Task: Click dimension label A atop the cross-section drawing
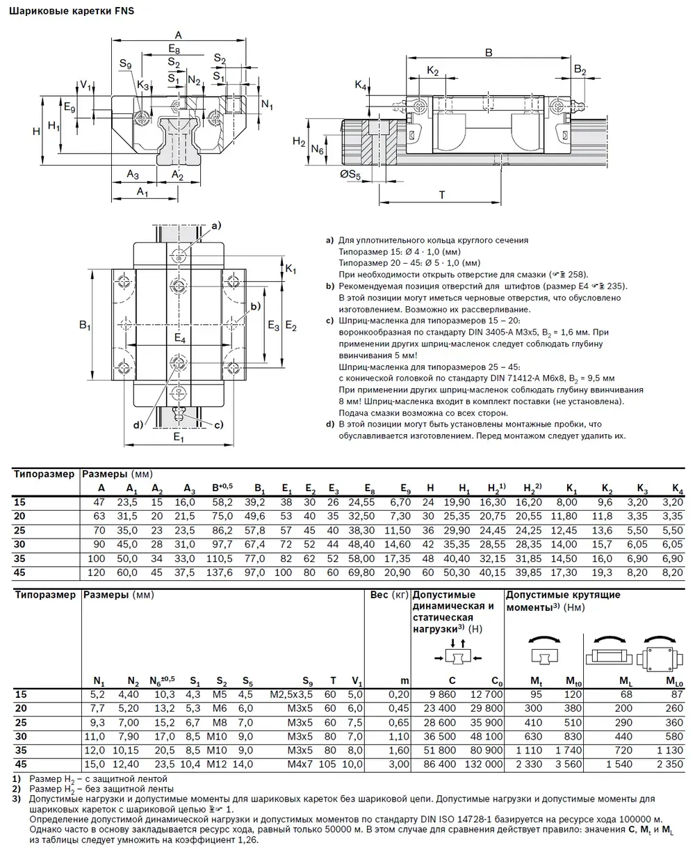(178, 35)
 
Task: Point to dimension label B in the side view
(489, 52)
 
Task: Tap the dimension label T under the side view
(443, 195)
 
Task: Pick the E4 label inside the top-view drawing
(180, 339)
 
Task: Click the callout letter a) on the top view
(215, 225)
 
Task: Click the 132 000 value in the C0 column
(483, 764)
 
